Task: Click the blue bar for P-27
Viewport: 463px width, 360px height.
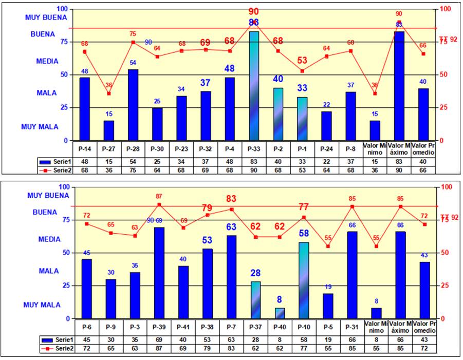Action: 109,130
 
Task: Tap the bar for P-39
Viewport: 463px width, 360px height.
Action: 159,273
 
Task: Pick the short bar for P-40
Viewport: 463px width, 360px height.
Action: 280,313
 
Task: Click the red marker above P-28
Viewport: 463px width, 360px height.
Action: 133,42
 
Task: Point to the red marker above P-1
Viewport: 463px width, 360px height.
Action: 302,71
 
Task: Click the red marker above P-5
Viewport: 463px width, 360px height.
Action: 328,247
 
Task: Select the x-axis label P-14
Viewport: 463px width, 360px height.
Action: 85,149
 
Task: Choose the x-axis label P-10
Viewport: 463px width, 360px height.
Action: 304,327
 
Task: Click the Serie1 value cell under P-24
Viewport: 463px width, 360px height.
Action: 326,162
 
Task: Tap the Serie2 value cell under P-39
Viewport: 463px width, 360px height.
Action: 159,348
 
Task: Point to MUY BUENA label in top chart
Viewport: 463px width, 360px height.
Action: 46,17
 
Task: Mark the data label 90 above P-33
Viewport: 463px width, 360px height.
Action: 253,12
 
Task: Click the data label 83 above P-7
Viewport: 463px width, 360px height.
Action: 231,199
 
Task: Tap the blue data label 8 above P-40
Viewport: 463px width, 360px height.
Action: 280,299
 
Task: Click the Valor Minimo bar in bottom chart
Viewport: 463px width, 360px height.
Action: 376,313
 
